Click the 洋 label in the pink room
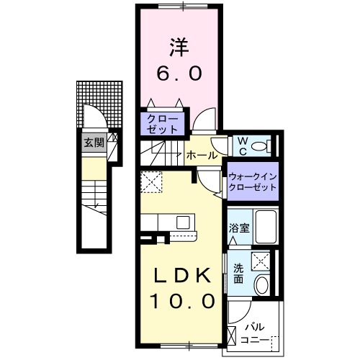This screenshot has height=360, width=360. (x=179, y=47)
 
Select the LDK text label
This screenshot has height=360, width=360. (x=181, y=275)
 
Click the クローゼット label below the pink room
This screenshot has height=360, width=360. (x=162, y=122)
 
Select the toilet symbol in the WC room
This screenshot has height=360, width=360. (x=264, y=146)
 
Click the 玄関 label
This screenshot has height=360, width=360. (x=93, y=142)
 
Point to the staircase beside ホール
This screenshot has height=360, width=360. (x=162, y=153)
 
